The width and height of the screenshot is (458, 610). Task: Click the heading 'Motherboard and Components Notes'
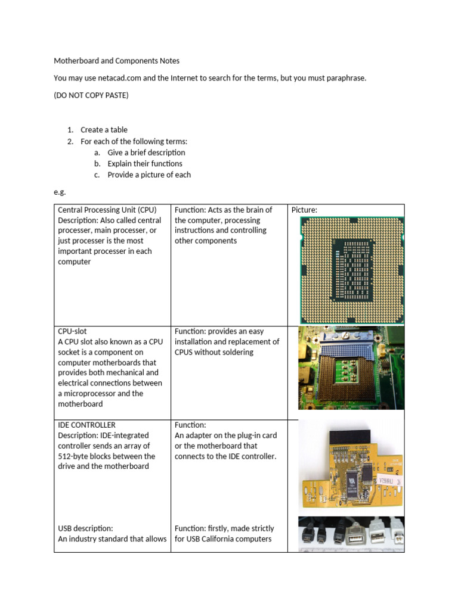(116, 61)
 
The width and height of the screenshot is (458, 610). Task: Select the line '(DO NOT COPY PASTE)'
(91, 95)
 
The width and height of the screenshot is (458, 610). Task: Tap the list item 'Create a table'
(104, 130)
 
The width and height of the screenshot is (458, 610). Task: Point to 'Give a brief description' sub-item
(146, 152)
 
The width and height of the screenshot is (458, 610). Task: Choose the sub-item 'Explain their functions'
(145, 164)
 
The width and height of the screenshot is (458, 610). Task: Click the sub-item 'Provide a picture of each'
(149, 175)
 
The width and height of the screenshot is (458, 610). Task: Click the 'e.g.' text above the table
(60, 192)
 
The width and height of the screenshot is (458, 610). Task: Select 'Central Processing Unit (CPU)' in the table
(107, 210)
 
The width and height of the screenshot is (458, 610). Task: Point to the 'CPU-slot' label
(76, 331)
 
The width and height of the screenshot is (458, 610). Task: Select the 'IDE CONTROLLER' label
(86, 425)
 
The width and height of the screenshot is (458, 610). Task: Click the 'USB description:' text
(85, 528)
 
